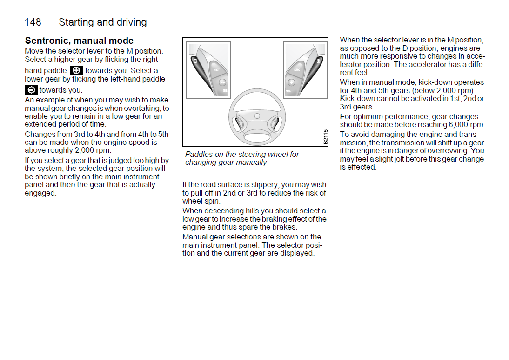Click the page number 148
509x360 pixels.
coord(33,22)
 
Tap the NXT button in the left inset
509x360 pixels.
coord(216,70)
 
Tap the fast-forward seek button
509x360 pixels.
coord(221,82)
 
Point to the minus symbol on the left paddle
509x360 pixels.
coord(196,61)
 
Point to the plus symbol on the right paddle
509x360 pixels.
coord(318,61)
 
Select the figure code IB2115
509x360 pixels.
coord(325,137)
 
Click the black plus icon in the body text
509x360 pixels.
coord(76,70)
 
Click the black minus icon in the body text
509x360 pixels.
coord(31,90)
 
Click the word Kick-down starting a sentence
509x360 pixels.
coord(355,99)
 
